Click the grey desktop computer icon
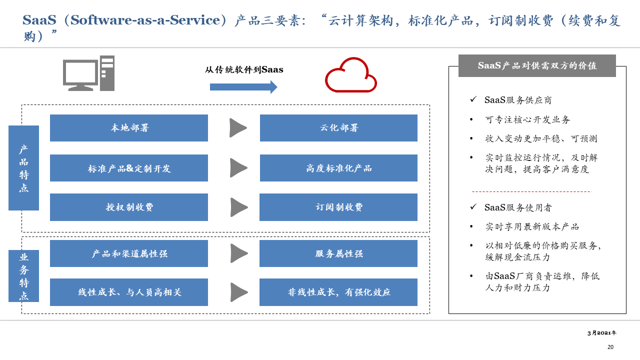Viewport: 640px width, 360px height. (x=88, y=73)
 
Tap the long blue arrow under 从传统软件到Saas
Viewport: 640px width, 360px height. (x=243, y=87)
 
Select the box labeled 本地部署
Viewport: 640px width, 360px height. (x=129, y=128)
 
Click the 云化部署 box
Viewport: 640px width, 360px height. (x=338, y=128)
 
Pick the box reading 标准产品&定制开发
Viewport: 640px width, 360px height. (x=129, y=168)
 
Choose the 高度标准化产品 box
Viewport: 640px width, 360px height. (x=338, y=168)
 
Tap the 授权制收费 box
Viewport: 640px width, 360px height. (x=129, y=207)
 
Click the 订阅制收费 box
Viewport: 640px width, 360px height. (x=338, y=207)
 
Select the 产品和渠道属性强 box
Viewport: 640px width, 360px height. (x=129, y=253)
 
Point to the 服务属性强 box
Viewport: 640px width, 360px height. (x=338, y=253)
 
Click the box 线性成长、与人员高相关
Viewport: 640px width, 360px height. (x=129, y=292)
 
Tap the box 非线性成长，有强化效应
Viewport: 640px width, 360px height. (x=338, y=292)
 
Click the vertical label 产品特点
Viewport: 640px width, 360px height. (x=23, y=168)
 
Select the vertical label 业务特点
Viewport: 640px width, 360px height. (x=23, y=276)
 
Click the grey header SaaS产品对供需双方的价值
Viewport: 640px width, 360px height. (x=537, y=65)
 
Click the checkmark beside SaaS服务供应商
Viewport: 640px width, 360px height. (x=473, y=99)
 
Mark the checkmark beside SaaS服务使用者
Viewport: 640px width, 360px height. (x=473, y=206)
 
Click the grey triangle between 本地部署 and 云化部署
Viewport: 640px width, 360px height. (x=237, y=128)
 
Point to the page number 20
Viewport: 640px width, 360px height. (x=610, y=347)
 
